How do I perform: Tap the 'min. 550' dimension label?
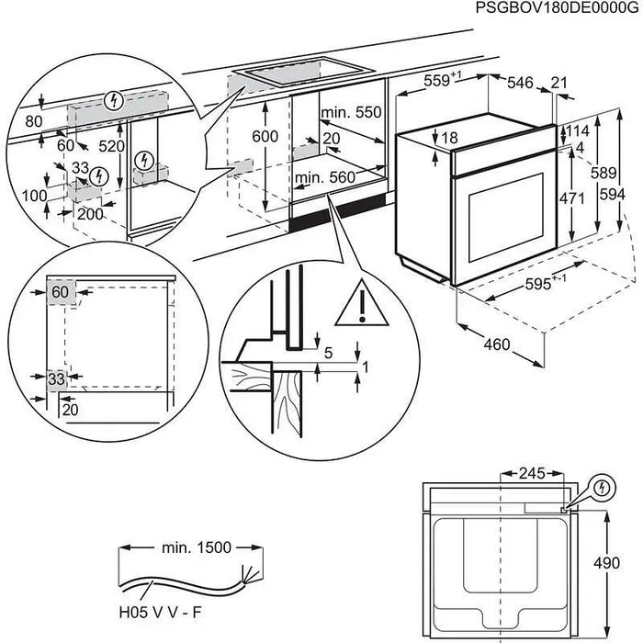click(x=351, y=113)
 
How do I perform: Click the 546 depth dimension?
click(x=521, y=84)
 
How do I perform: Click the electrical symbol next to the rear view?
click(x=603, y=488)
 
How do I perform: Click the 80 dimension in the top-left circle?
click(x=34, y=120)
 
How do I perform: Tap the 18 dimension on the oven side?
click(x=448, y=139)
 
